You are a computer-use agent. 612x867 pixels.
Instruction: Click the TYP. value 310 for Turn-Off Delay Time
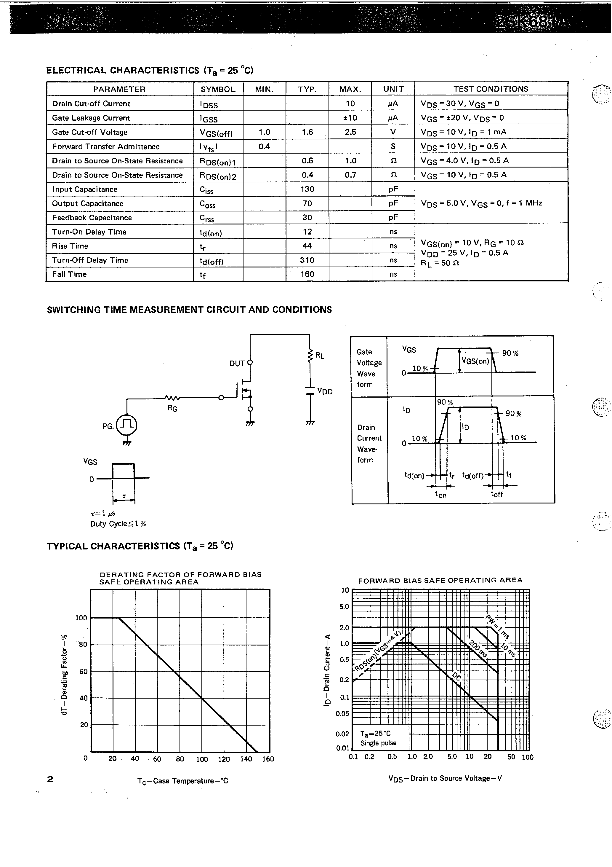[x=307, y=260]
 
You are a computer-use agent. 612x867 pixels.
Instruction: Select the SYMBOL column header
[x=218, y=89]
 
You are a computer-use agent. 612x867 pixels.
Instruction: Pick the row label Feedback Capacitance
[x=92, y=218]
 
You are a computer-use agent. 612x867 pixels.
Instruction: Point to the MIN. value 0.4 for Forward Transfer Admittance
[x=264, y=146]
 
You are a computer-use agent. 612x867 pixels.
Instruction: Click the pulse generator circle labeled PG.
[x=126, y=425]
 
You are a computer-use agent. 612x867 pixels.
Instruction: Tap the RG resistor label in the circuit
[x=172, y=409]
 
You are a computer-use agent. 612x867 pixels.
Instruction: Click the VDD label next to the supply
[x=325, y=391]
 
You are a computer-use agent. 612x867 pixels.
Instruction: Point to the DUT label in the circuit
[x=237, y=363]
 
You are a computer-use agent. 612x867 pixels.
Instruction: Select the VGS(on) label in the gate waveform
[x=475, y=361]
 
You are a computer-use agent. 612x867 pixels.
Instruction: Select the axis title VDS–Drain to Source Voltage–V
[x=445, y=778]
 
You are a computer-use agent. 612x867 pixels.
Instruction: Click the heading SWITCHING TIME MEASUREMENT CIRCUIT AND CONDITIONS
[x=189, y=310]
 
